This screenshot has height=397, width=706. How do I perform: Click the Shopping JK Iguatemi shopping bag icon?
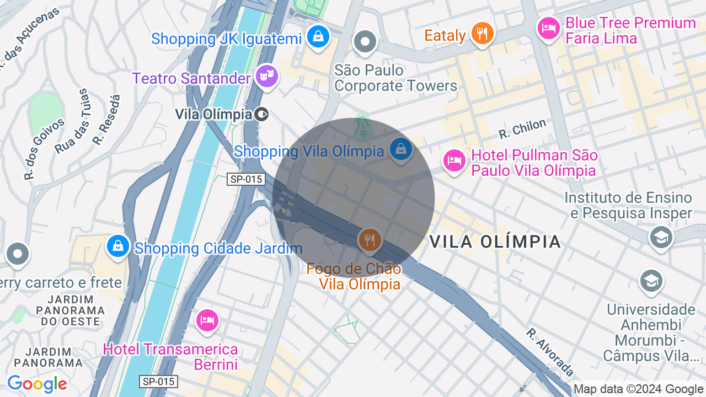(x=318, y=37)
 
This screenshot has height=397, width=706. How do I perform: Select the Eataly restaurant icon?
(x=482, y=33)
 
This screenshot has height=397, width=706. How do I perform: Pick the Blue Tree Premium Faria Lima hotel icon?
(x=549, y=28)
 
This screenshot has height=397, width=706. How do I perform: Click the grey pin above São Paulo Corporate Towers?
(x=365, y=41)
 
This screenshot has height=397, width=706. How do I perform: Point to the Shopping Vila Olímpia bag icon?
(x=401, y=149)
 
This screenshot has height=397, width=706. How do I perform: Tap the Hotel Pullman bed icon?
(x=454, y=161)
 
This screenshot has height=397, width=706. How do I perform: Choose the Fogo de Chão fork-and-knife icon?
(x=370, y=240)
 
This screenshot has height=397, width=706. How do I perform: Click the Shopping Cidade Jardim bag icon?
(x=118, y=246)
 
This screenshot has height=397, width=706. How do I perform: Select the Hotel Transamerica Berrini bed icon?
(x=207, y=320)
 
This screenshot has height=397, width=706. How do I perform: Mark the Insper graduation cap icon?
(x=661, y=238)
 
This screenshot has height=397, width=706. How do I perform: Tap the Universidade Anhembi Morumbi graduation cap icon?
(x=651, y=281)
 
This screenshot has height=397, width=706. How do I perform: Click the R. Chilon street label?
(x=522, y=129)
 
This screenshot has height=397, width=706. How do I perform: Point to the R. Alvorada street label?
(x=550, y=352)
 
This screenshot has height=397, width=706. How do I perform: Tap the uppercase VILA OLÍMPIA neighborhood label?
(x=495, y=242)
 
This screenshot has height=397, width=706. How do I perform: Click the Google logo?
(x=37, y=384)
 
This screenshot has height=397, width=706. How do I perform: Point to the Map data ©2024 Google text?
(x=639, y=389)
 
